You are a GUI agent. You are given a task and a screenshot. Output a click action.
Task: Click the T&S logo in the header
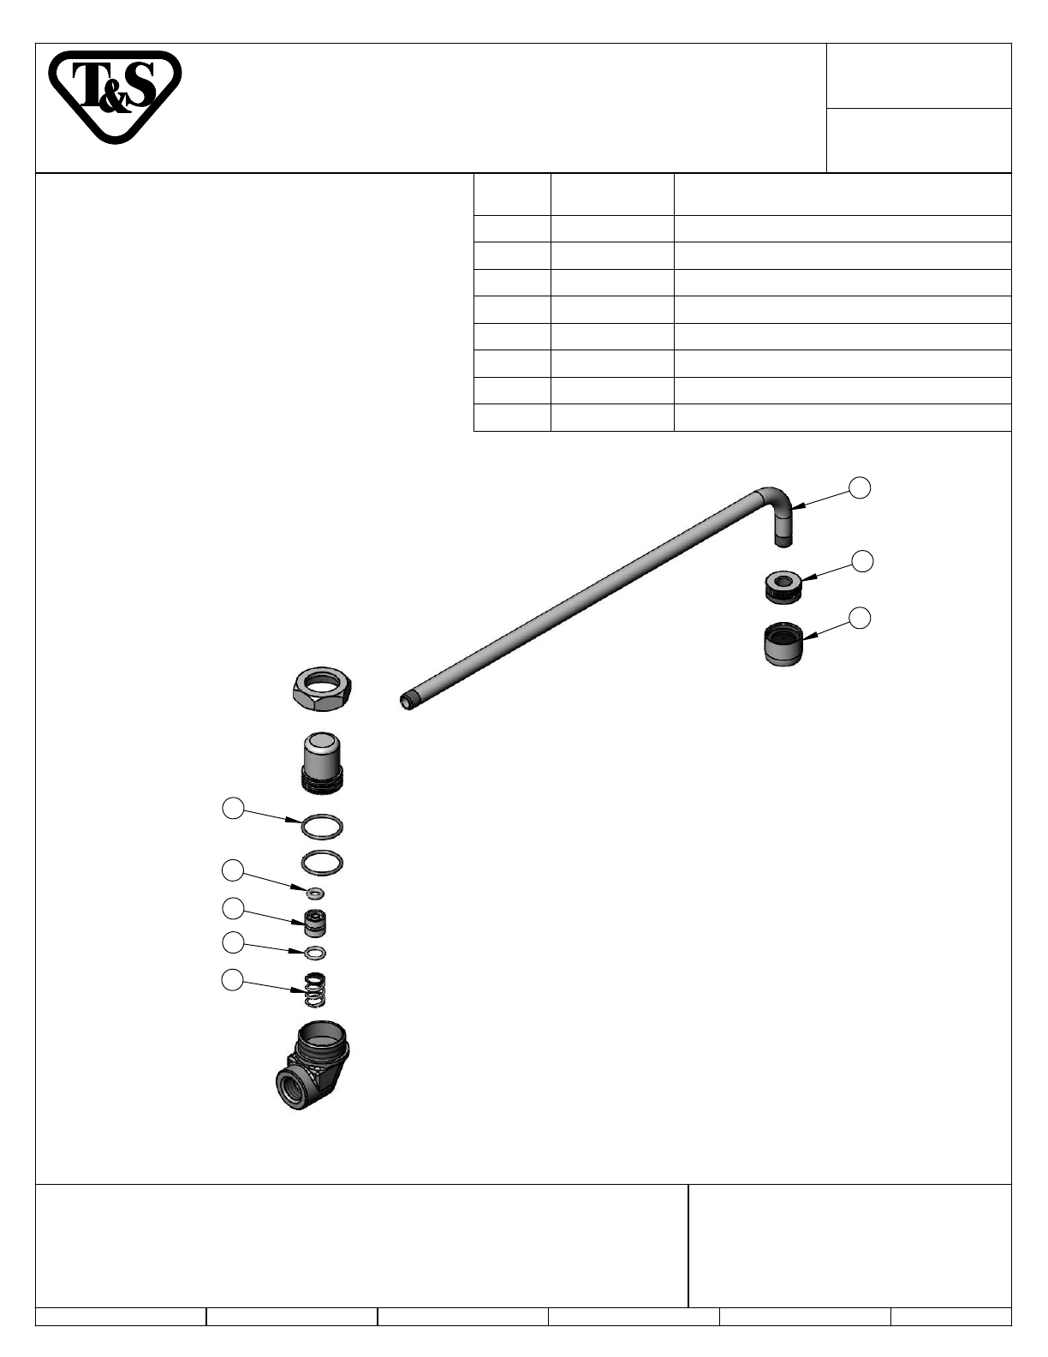tap(115, 96)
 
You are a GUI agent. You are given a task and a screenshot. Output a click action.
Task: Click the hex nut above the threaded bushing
tap(322, 689)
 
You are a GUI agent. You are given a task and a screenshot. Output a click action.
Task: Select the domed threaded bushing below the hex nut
tap(322, 762)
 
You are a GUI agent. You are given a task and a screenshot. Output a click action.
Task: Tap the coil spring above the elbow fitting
tap(315, 989)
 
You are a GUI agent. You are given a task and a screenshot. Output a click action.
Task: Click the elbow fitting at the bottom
tap(313, 1064)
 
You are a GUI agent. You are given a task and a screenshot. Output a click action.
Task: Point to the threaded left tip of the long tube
tap(407, 704)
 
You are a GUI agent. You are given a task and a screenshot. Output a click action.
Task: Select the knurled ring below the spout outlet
tap(783, 588)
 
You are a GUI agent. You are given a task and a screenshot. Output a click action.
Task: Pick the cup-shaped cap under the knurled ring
tap(783, 644)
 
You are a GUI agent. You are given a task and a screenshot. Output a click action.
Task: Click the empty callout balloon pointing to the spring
tap(233, 980)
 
